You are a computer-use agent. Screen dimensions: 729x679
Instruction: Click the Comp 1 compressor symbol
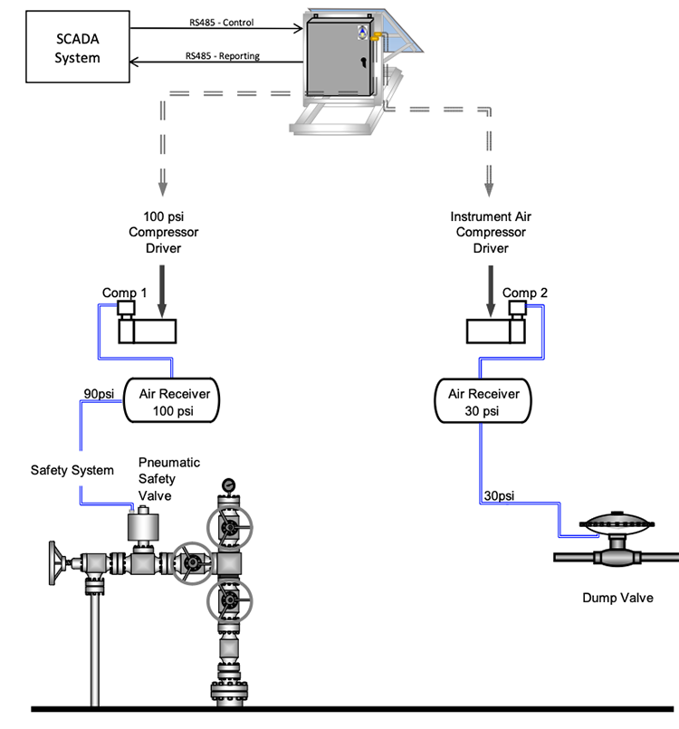pyautogui.click(x=146, y=325)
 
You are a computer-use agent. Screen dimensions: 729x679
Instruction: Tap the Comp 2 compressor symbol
pyautogui.click(x=496, y=325)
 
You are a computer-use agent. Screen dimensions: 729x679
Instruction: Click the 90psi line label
pyautogui.click(x=100, y=394)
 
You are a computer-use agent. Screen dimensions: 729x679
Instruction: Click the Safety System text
pyautogui.click(x=72, y=470)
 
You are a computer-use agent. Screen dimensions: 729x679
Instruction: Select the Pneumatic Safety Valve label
pyautogui.click(x=168, y=478)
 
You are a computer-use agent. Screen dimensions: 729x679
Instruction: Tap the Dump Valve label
pyautogui.click(x=618, y=598)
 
